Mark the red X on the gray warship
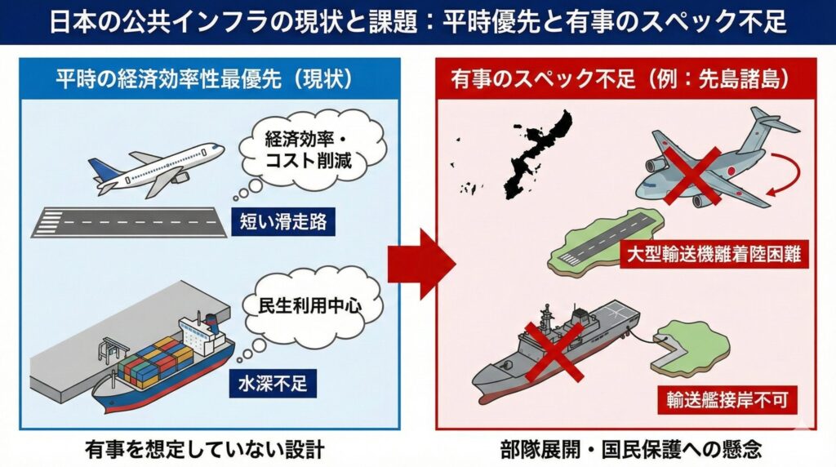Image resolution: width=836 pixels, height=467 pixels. pyautogui.click(x=554, y=350)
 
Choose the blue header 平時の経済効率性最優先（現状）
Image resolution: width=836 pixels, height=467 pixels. pyautogui.click(x=204, y=79)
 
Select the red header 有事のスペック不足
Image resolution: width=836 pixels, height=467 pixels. pyautogui.click(x=619, y=79)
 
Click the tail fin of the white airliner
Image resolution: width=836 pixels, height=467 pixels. pyautogui.click(x=102, y=169)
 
